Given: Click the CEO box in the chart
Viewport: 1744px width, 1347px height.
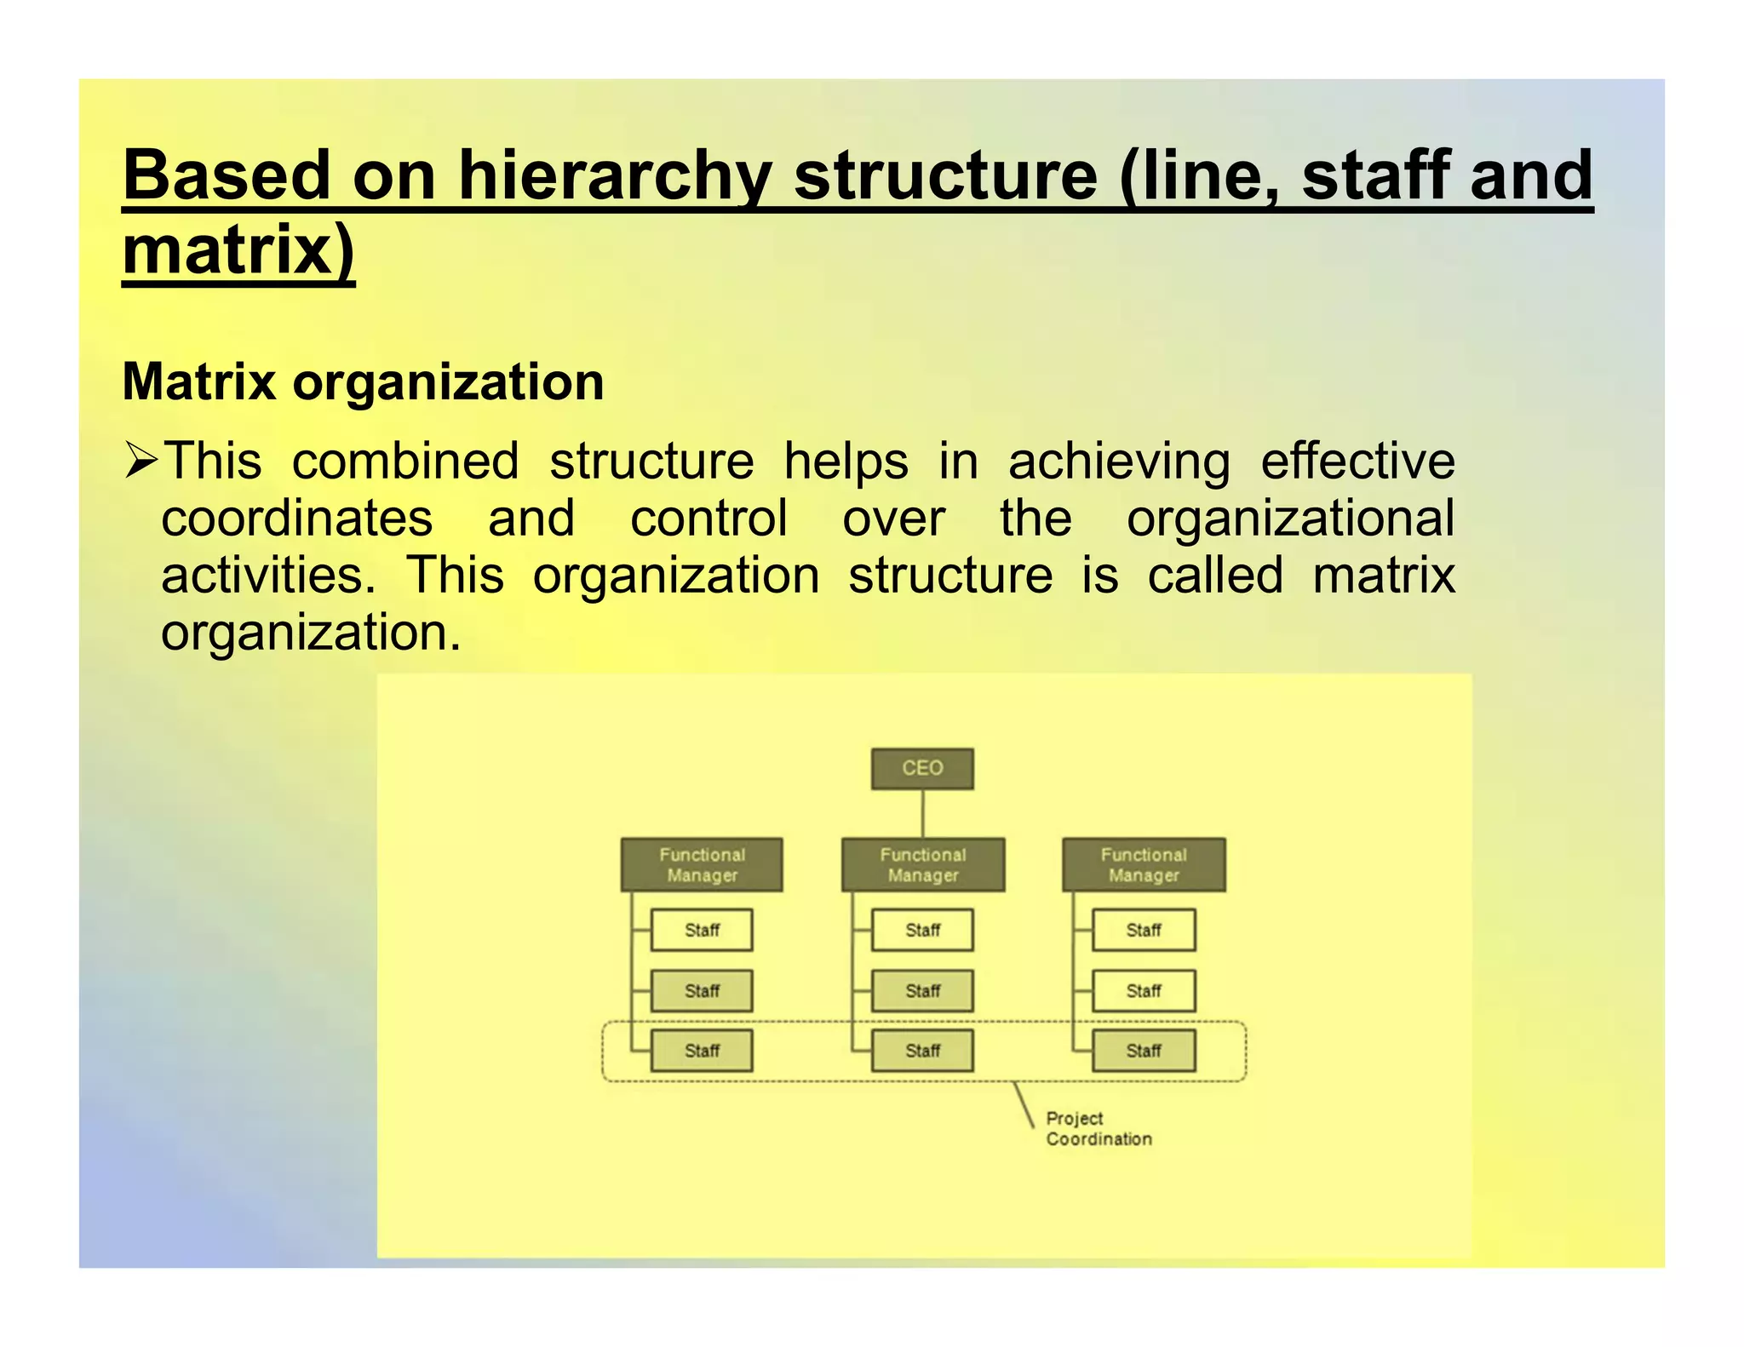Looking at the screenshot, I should coord(922,768).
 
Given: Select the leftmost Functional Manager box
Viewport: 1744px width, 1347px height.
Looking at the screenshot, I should coord(702,864).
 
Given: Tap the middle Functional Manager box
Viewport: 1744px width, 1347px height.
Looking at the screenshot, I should coord(923,864).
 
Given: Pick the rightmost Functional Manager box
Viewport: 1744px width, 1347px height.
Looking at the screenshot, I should coord(1144,864).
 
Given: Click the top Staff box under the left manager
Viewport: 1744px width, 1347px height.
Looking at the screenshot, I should coord(702,930).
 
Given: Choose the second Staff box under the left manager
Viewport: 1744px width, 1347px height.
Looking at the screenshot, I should coord(702,990).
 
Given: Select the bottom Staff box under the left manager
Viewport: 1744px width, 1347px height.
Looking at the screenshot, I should coord(702,1051).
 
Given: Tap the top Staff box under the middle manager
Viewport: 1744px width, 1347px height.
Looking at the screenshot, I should coord(922,930).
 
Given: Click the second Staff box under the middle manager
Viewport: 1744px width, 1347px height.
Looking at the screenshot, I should coord(922,990).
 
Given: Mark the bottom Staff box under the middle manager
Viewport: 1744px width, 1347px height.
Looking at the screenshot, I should coord(922,1051).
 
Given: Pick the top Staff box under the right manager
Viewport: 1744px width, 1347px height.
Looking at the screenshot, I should coord(1144,930).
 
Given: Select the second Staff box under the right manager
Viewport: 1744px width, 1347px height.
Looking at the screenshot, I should coord(1144,990).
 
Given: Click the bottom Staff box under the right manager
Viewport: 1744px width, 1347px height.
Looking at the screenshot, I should coord(1144,1051).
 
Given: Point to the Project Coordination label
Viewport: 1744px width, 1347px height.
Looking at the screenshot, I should coord(1099,1128).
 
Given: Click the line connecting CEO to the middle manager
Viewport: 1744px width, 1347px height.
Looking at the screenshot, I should coord(922,813).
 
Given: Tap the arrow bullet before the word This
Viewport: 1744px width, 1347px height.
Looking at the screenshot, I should coord(141,461).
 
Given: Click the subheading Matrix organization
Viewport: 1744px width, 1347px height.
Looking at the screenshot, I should coord(364,381).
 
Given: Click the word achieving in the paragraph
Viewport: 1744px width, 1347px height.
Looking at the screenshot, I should coord(1119,461).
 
